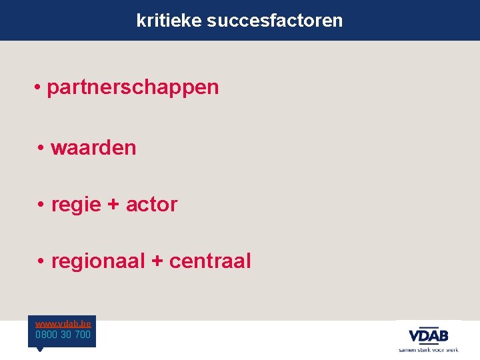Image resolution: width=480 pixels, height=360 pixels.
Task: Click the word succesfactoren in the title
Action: (275, 21)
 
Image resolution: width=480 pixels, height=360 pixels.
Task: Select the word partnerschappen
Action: (133, 87)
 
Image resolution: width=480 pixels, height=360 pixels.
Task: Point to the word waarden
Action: (93, 147)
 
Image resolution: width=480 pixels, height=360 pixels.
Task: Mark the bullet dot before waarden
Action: (41, 147)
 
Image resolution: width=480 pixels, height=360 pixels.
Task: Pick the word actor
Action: (152, 205)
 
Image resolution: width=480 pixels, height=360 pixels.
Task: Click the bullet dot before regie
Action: (41, 205)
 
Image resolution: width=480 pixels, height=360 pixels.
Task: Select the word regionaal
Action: (98, 261)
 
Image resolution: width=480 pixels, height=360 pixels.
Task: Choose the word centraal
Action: (210, 261)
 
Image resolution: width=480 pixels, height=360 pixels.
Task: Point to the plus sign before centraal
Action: (157, 261)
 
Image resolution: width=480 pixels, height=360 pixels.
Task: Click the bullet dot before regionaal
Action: (41, 261)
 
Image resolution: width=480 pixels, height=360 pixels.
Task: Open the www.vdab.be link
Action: (63, 323)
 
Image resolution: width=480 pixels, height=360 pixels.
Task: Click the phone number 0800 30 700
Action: (63, 335)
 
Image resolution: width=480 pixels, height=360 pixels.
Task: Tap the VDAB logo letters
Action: (429, 335)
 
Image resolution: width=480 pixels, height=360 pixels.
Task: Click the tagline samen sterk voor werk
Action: (429, 349)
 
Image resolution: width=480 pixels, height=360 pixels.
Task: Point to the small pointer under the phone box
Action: (39, 349)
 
